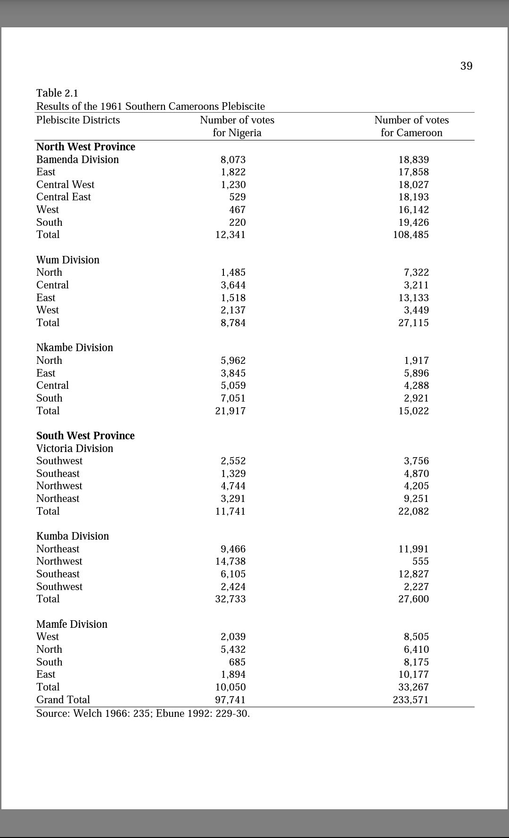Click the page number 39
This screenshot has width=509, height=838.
(466, 66)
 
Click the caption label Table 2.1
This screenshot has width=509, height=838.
(57, 93)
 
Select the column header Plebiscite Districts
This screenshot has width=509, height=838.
(78, 120)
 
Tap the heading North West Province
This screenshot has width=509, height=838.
(86, 147)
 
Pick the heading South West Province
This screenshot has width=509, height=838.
(85, 435)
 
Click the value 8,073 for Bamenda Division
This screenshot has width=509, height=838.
(233, 160)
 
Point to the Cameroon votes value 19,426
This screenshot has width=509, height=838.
(413, 222)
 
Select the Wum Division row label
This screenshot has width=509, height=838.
(68, 260)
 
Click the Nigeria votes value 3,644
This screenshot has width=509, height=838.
(233, 285)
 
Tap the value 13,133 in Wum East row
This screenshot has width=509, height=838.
(413, 298)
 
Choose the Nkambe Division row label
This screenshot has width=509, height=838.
(74, 347)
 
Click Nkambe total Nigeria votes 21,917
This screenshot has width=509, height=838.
(230, 411)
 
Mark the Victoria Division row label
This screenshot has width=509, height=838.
(74, 448)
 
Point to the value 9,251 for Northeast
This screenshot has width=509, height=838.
(416, 499)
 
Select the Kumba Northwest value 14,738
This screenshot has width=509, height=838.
(230, 561)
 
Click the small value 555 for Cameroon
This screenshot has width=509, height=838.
(420, 561)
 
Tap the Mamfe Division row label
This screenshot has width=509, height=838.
(72, 624)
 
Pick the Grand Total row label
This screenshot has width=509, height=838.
(63, 699)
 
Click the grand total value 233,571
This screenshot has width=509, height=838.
(410, 700)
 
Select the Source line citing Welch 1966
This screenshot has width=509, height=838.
(143, 713)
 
